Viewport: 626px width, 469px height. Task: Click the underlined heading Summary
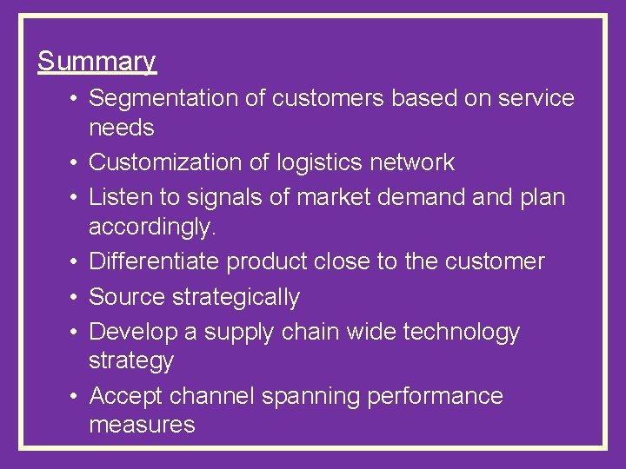[97, 62]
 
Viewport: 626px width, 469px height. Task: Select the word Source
[128, 297]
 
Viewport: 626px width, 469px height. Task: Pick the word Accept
[127, 396]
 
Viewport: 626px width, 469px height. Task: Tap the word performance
[435, 396]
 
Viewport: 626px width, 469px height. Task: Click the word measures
[141, 425]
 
